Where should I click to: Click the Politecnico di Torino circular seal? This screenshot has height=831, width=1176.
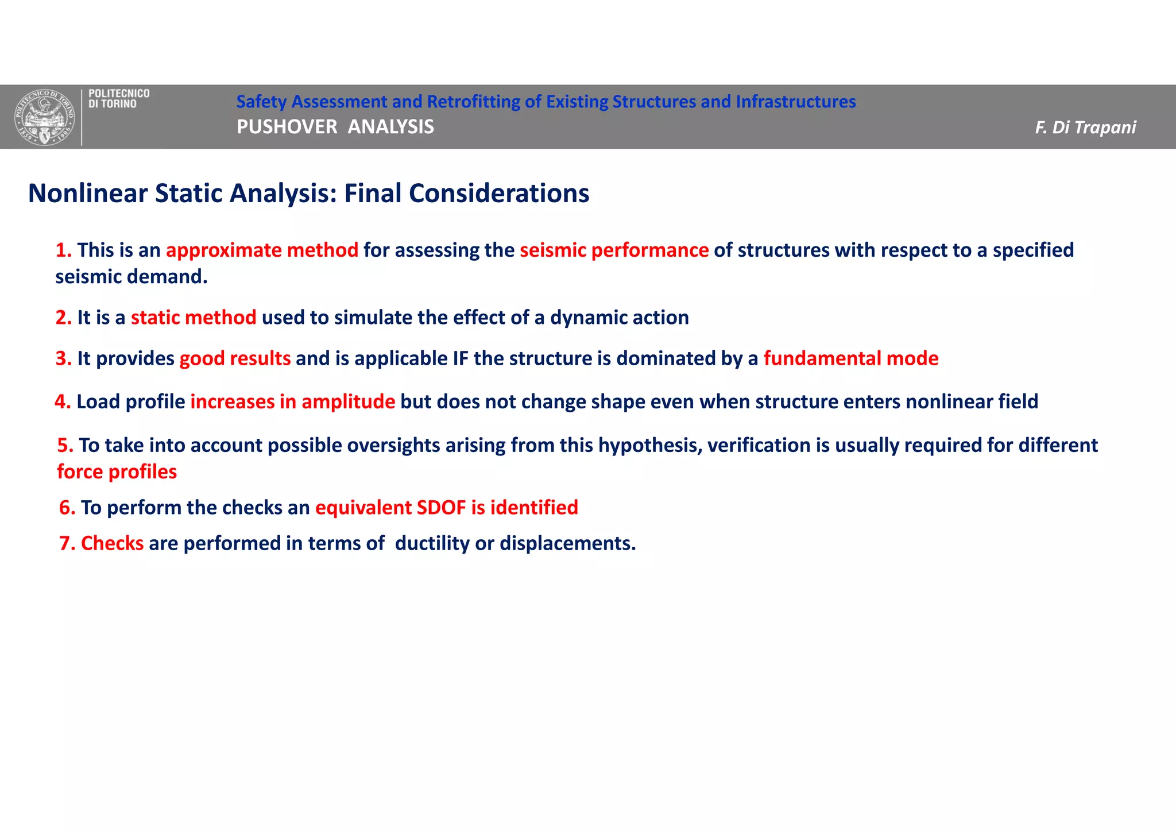(x=44, y=117)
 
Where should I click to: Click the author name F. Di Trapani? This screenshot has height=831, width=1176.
(x=1085, y=127)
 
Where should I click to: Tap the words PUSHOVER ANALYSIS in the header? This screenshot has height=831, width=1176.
(x=335, y=127)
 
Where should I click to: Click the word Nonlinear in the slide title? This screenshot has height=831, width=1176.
(x=88, y=193)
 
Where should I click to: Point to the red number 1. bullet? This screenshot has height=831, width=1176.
(x=63, y=250)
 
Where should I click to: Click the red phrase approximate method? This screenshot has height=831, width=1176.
(x=262, y=250)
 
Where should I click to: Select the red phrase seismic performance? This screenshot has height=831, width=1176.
(x=614, y=250)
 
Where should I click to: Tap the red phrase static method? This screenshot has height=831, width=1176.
(x=194, y=318)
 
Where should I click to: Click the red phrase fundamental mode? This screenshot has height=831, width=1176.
(x=850, y=358)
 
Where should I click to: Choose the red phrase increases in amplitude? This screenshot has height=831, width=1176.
(x=292, y=401)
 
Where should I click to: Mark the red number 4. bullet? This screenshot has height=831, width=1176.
(x=63, y=401)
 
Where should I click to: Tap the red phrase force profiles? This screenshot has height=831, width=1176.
(x=117, y=472)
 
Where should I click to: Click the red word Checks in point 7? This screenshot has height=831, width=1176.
(x=112, y=543)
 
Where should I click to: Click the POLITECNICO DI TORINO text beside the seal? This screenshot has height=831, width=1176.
(x=119, y=99)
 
